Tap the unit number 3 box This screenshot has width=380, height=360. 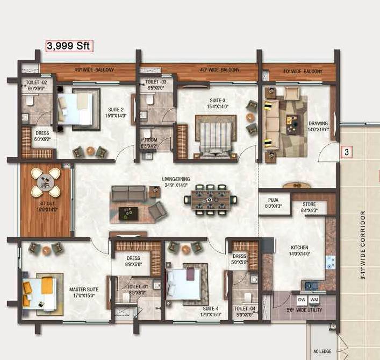pos(347,152)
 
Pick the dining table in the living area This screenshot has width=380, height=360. pos(210,200)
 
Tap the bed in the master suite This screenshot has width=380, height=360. pos(40,293)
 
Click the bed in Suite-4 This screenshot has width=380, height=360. pos(185,283)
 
